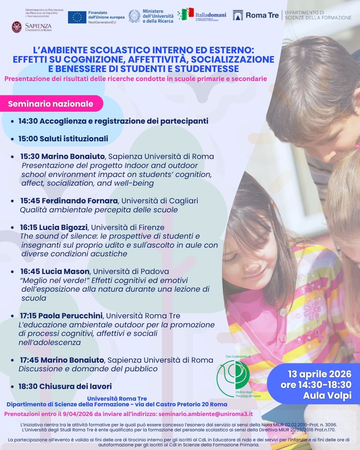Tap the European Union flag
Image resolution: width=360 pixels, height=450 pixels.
click(77, 17)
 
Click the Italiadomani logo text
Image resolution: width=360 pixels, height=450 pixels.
click(210, 15)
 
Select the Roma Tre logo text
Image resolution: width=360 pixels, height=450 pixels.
click(262, 15)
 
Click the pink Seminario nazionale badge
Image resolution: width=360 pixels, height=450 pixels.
click(51, 104)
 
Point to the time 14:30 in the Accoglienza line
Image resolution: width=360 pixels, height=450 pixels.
click(28, 121)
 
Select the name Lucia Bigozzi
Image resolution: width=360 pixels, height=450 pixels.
click(63, 227)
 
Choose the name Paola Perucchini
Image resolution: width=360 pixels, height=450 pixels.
click(70, 316)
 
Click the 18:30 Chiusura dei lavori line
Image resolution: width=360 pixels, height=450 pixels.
click(65, 386)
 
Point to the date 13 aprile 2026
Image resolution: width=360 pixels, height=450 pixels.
click(315, 374)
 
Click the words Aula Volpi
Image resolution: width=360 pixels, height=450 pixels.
click(327, 395)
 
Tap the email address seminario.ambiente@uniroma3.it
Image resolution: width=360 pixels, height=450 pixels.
click(206, 414)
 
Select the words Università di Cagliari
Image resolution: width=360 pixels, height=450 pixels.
click(160, 201)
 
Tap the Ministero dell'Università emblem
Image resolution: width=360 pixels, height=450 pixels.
click(134, 16)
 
